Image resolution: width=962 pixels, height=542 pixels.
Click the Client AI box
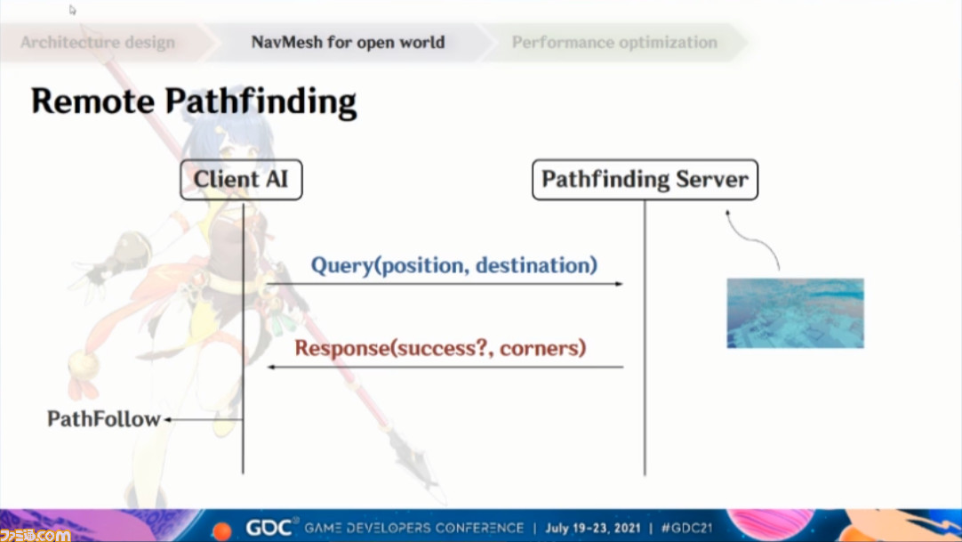pyautogui.click(x=241, y=180)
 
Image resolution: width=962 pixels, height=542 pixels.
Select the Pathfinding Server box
pyautogui.click(x=645, y=180)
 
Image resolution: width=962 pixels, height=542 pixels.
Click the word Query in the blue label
pyautogui.click(x=341, y=265)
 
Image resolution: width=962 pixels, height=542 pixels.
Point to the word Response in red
pyautogui.click(x=342, y=349)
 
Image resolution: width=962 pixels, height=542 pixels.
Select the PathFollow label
pyautogui.click(x=104, y=419)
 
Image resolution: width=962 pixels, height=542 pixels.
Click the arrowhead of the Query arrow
pyautogui.click(x=619, y=284)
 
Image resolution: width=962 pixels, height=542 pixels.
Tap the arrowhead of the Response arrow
pyautogui.click(x=271, y=367)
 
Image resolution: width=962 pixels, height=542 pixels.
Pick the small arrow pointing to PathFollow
pyautogui.click(x=203, y=420)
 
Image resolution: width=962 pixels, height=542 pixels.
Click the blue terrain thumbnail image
pyautogui.click(x=795, y=313)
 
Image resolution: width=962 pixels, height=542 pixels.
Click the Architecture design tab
pyautogui.click(x=98, y=43)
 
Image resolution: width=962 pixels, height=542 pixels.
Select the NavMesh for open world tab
pyautogui.click(x=348, y=43)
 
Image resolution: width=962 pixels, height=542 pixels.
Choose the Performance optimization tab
pyautogui.click(x=614, y=43)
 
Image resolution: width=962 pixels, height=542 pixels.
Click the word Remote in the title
pyautogui.click(x=92, y=101)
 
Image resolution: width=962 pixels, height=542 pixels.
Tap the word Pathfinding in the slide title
pyautogui.click(x=261, y=101)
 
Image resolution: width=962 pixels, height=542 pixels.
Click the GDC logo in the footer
pyautogui.click(x=269, y=528)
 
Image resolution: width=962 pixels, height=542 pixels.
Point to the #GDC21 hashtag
pyautogui.click(x=686, y=528)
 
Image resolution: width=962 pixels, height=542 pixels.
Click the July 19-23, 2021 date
pyautogui.click(x=593, y=528)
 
